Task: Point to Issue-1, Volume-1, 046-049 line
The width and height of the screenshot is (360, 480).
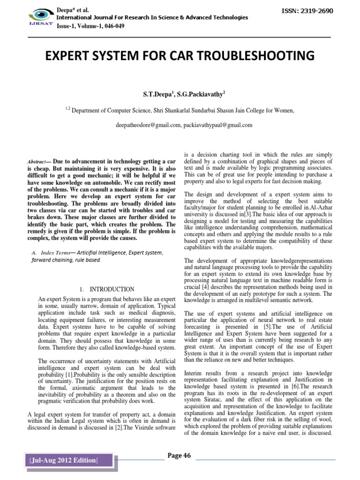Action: click(x=88, y=27)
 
